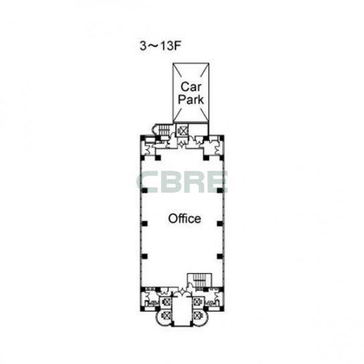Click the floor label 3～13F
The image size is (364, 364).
[x=160, y=46]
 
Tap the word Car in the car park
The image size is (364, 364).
[x=191, y=87]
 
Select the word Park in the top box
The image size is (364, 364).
[x=191, y=99]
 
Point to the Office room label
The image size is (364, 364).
[x=185, y=219]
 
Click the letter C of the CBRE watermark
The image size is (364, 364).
[x=148, y=182]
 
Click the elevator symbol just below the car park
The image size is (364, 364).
[x=182, y=130]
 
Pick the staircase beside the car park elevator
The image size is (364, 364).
[x=165, y=130]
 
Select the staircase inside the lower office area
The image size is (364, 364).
[x=199, y=280]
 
